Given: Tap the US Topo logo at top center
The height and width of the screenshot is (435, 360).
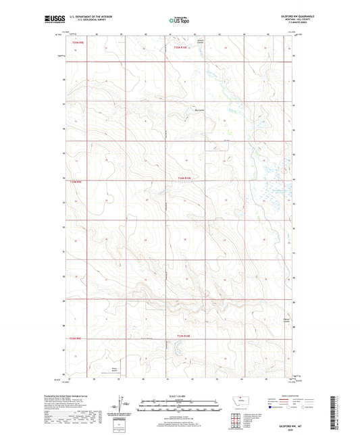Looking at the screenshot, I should [179, 20].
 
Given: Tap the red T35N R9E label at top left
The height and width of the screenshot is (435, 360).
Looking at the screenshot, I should [77, 43].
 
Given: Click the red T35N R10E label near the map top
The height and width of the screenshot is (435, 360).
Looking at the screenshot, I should [181, 48].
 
